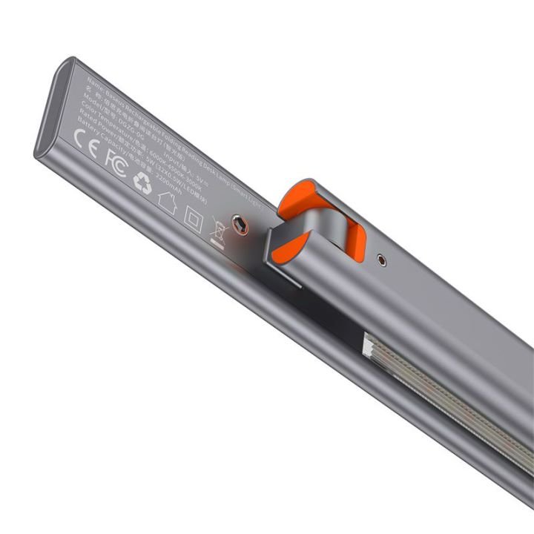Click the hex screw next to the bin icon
[240, 222]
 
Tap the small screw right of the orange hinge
[381, 260]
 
